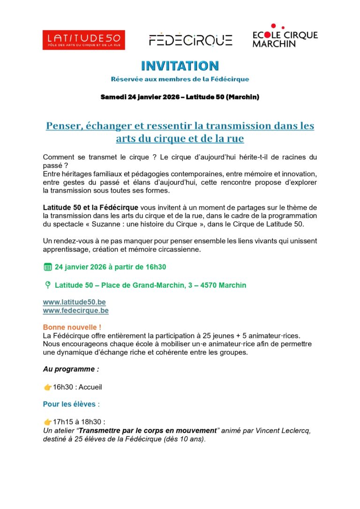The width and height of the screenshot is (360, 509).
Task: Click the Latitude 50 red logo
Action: point(83,40)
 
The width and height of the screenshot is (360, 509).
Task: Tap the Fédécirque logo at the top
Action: point(190,40)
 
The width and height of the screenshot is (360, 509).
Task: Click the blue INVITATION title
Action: point(180,66)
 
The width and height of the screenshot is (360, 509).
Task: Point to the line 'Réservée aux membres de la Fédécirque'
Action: point(180,79)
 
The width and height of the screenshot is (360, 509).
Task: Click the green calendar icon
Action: point(47,267)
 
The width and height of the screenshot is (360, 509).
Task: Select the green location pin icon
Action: point(47,285)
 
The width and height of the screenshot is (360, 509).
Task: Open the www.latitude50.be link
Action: point(74,303)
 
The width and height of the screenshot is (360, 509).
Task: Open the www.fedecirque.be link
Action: point(75,310)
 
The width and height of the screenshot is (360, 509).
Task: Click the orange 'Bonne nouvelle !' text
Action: point(72,327)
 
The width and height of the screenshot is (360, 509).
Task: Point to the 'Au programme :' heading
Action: point(71,369)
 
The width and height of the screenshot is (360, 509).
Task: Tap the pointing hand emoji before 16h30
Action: point(47,387)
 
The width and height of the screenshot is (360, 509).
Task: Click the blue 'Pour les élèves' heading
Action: point(69,404)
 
